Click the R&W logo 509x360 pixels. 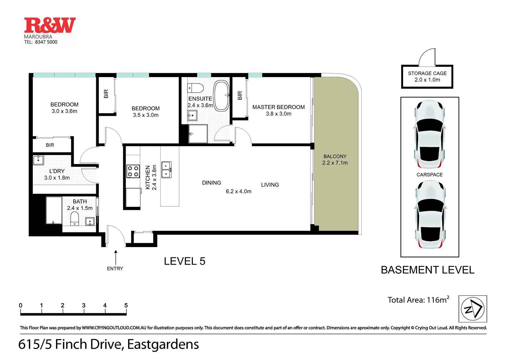50,26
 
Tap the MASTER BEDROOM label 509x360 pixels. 278,107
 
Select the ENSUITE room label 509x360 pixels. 200,99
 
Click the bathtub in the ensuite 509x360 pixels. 221,95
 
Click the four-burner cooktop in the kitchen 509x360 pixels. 133,171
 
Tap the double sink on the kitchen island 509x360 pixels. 166,169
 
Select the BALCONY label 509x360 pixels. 335,156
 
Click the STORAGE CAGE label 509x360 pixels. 427,73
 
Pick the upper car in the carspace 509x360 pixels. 429,135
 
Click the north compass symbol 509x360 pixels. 473,309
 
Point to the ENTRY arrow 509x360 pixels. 115,257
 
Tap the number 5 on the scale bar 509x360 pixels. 126,305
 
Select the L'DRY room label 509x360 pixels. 57,171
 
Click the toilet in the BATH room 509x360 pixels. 74,219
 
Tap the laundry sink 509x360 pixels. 38,160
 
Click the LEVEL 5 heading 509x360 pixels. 184,261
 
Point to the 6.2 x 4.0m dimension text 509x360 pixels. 238,191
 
